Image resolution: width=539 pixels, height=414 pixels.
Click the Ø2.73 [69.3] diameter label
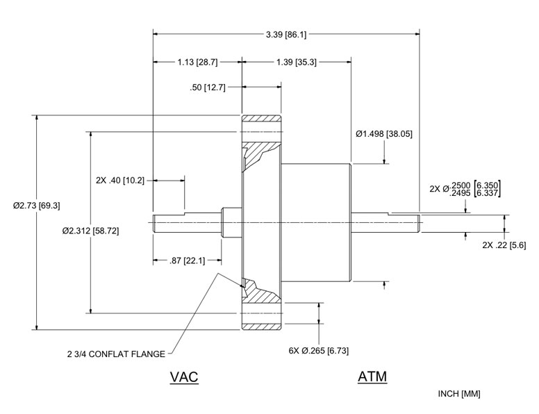pos(33,206)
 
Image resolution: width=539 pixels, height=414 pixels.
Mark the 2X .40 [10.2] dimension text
pos(120,181)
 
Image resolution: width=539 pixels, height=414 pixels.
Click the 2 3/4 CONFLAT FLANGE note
pos(122,354)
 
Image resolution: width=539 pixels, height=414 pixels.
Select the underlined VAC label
pos(184,377)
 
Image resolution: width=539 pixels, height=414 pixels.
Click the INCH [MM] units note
pos(458,394)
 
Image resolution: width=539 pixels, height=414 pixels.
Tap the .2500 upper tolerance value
pos(461,184)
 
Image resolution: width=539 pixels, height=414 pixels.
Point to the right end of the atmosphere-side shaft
pos(418,222)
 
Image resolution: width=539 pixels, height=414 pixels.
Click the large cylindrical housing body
pos(316,222)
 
